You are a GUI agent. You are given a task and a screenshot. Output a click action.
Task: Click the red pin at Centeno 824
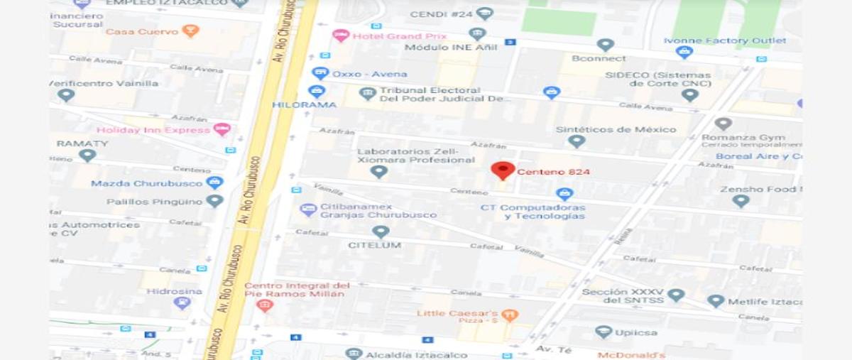click(503, 170)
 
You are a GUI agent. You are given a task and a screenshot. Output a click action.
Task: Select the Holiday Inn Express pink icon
click(222, 129)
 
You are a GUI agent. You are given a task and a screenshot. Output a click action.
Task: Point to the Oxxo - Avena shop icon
click(320, 73)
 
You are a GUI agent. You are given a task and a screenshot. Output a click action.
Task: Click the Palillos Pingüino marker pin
click(214, 201)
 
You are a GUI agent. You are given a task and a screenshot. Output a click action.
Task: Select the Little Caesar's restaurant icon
click(509, 315)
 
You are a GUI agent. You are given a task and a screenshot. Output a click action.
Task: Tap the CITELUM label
click(374, 245)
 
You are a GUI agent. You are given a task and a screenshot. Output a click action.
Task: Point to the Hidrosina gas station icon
click(182, 303)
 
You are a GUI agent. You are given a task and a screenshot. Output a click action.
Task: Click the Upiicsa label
click(635, 332)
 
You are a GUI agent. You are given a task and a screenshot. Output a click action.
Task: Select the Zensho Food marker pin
click(741, 201)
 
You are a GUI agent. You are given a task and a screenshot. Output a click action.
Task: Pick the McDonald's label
click(631, 355)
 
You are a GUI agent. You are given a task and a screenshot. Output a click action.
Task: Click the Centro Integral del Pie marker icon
click(265, 306)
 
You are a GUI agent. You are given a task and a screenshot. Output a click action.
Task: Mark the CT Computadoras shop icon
click(564, 193)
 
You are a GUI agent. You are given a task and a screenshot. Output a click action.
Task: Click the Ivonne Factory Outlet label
click(724, 40)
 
